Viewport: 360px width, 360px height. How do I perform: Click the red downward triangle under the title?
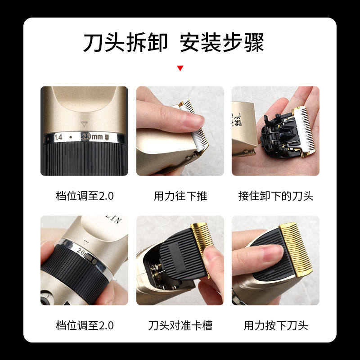click(180, 68)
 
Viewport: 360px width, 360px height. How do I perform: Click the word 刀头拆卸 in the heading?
click(125, 43)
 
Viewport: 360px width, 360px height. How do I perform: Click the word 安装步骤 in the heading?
click(221, 43)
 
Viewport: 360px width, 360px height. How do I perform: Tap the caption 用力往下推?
click(180, 196)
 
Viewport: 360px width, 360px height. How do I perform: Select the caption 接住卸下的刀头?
click(275, 196)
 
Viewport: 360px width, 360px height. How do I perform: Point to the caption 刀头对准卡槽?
click(180, 325)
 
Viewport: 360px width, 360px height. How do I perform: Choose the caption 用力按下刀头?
click(275, 325)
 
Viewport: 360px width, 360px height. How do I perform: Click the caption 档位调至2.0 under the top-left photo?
click(84, 196)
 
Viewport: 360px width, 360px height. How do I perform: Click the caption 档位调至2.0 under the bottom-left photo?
click(84, 325)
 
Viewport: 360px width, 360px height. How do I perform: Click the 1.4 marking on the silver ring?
click(58, 136)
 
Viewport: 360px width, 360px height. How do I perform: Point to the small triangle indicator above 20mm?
click(82, 123)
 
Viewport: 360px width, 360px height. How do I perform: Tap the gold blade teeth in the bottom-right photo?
click(297, 243)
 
